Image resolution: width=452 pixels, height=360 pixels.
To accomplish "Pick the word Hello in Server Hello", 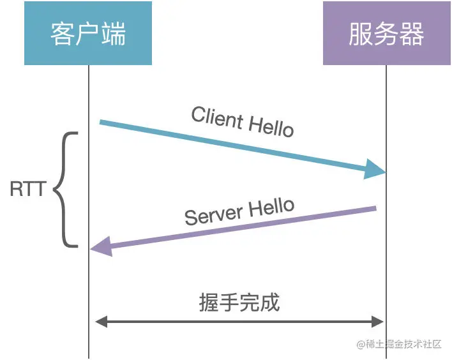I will [271, 206].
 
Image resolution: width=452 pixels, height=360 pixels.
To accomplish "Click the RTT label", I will [28, 190].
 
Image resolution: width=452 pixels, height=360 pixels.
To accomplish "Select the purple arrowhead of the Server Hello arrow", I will [101, 247].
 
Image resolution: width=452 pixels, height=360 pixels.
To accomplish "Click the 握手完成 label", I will [239, 302].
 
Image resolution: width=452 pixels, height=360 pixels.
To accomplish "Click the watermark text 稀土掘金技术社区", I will [402, 344].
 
